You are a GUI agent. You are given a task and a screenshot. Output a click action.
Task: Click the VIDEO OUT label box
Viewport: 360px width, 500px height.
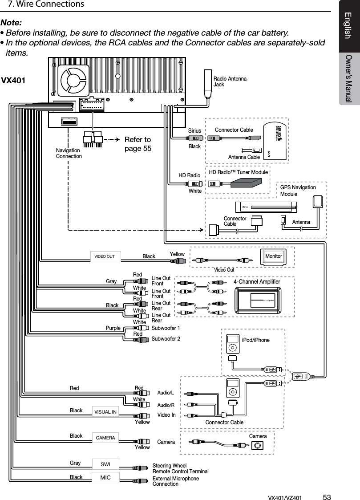[105, 256]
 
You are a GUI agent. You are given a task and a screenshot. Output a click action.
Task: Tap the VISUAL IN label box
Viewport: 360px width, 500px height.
[105, 412]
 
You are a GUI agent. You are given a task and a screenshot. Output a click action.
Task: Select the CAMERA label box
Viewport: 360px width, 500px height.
[105, 438]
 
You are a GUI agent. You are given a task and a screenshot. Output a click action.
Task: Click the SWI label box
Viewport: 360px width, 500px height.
[105, 464]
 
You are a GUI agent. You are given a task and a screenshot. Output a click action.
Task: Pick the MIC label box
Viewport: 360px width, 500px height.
[105, 477]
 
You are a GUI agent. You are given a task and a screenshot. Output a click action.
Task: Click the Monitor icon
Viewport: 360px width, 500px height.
[274, 256]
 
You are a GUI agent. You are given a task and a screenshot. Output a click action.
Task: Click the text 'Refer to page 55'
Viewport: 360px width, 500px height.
[138, 144]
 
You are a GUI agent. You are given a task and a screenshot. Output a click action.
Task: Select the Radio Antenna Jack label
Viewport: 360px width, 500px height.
[230, 81]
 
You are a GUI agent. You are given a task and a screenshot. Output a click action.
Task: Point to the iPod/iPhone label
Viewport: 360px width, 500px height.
[255, 340]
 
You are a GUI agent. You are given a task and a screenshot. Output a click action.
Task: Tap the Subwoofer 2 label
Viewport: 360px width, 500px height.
[166, 339]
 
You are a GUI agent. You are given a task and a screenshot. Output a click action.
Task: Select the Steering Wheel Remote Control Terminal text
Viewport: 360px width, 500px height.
[180, 468]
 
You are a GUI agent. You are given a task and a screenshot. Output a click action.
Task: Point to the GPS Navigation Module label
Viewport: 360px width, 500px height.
[298, 191]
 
